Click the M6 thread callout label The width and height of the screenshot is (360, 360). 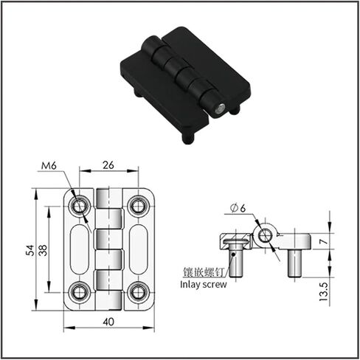pos(49,166)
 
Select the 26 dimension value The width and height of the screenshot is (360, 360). pos(108,165)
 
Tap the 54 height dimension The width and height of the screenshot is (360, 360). pos(30,250)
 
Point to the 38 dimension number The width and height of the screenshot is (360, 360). pos(43,250)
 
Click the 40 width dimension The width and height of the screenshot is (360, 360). pos(108,322)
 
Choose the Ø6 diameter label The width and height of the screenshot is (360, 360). pos(238,208)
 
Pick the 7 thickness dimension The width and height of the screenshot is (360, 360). pos(324,241)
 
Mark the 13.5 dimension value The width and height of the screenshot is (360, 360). pos(324,291)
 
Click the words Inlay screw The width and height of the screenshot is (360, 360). pos(204,284)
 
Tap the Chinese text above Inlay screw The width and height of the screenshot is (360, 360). pos(204,272)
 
